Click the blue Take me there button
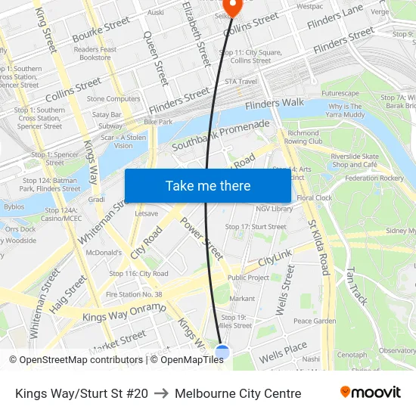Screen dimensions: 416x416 208,186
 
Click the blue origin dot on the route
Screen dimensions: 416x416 222,352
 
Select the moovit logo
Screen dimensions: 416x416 371,393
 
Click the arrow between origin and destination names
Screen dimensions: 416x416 161,393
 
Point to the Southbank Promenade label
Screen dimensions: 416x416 220,135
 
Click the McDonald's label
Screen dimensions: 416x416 104,253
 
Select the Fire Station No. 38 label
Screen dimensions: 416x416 134,294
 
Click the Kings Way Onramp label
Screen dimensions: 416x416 123,312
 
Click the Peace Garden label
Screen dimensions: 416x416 315,321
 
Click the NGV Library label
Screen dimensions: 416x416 274,209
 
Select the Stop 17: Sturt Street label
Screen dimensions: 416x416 256,227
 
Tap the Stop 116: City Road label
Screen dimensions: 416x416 138,273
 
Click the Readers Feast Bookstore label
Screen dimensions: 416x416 95,54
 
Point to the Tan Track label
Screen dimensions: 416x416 356,285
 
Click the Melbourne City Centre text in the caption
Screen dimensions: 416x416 237,393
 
